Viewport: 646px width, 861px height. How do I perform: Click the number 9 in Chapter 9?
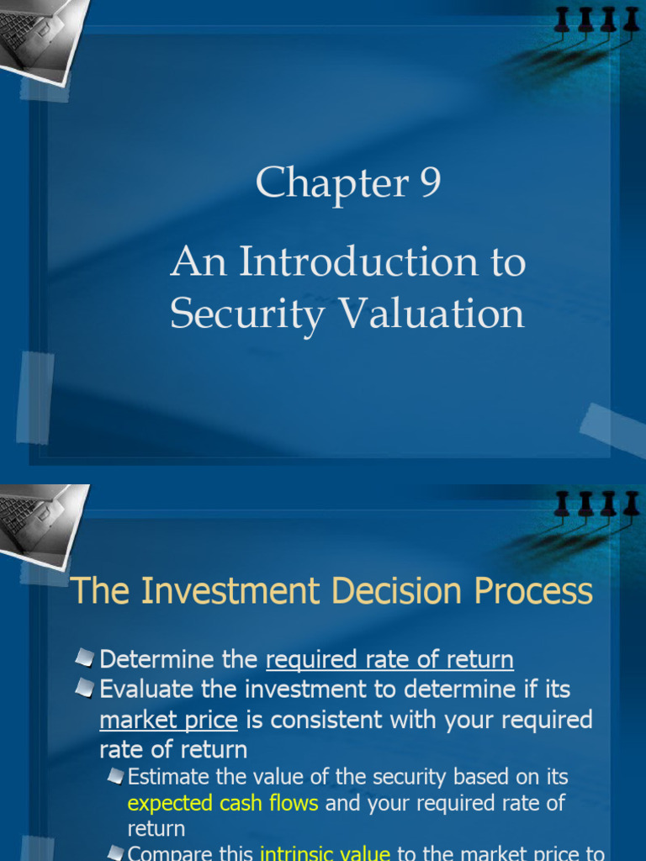pyautogui.click(x=429, y=182)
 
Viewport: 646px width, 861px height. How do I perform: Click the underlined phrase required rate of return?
pyautogui.click(x=389, y=660)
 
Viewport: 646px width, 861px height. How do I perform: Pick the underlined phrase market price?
pyautogui.click(x=168, y=721)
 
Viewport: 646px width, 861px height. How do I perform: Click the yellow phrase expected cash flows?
pyautogui.click(x=223, y=803)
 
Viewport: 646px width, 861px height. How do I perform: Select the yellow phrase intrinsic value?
pyautogui.click(x=326, y=854)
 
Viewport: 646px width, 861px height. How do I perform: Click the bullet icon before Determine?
pyautogui.click(x=84, y=658)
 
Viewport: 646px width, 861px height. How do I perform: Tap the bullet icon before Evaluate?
pyautogui.click(x=84, y=688)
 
